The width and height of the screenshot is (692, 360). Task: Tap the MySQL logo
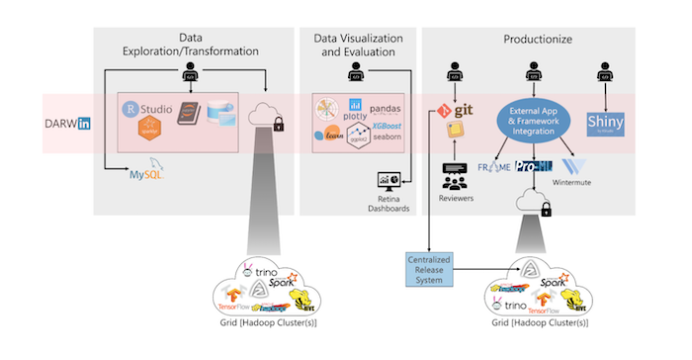coord(145,175)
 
